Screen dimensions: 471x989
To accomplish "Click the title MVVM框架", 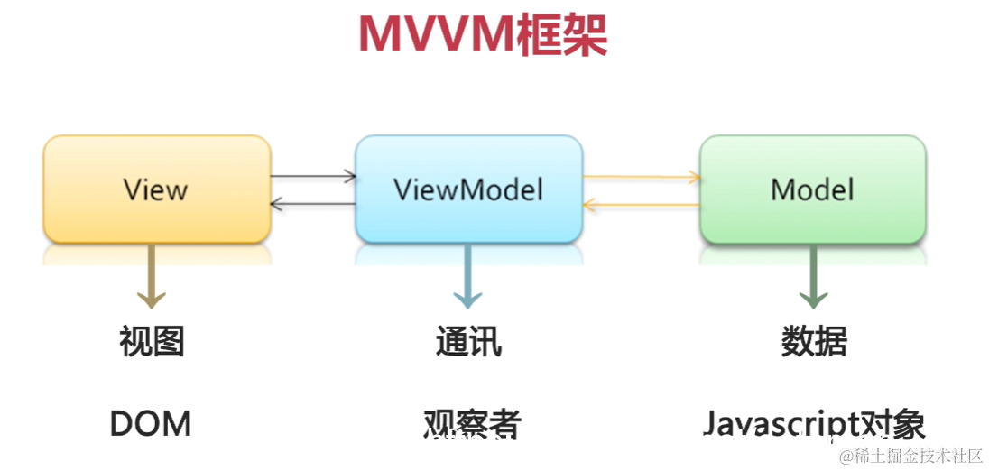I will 482,36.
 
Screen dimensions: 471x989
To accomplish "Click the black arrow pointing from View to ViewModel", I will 313,177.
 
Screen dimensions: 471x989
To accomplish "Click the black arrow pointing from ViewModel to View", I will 313,205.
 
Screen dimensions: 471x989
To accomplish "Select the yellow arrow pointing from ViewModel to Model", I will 642,178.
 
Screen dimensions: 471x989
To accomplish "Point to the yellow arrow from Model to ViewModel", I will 642,206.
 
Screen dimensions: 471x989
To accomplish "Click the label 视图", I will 152,342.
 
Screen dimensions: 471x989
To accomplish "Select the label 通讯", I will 468,342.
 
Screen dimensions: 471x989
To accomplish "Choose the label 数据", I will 814,342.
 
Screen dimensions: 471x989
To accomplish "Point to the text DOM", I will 151,423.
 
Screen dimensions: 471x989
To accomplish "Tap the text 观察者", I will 472,424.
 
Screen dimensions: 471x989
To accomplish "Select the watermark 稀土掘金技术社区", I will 910,457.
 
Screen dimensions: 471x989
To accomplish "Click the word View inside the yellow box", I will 155,190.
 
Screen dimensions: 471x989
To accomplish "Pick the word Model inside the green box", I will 812,189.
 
